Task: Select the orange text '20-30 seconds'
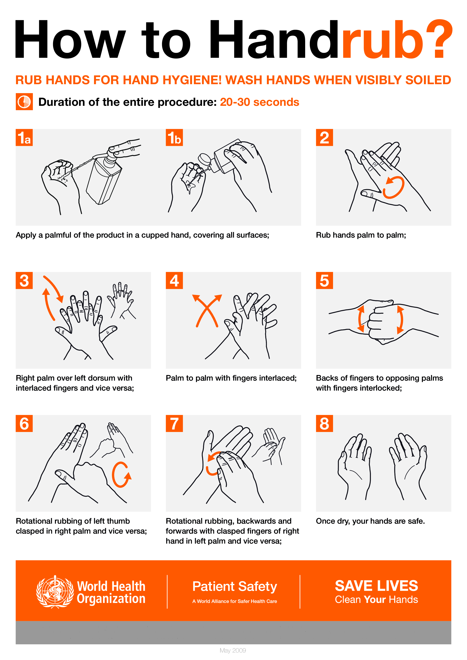point(260,102)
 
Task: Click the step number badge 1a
point(24,137)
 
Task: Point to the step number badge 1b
point(174,137)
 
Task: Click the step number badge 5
point(324,280)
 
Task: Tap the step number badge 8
point(324,423)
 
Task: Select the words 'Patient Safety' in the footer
point(234,586)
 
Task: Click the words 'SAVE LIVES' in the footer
point(376,586)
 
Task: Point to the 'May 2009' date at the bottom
point(233,650)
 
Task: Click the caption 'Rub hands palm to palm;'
point(361,235)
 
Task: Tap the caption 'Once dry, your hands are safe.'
point(370,521)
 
